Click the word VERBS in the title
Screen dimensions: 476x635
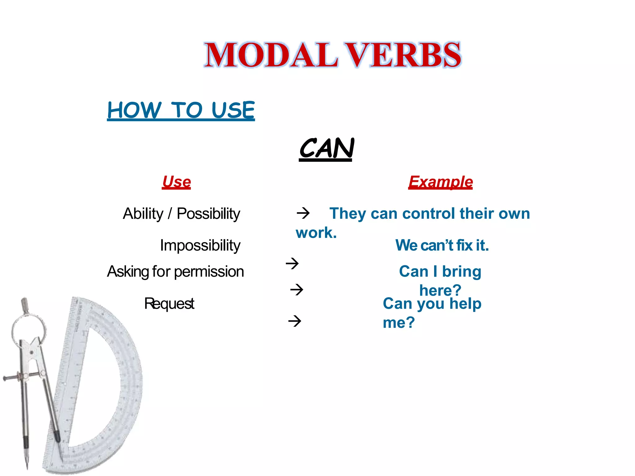click(403, 55)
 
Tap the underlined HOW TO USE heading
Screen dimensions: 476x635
click(181, 110)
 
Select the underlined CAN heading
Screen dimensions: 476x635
click(326, 148)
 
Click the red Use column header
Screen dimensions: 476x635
click(176, 182)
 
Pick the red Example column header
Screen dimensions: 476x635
click(440, 182)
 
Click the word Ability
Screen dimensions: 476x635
click(143, 214)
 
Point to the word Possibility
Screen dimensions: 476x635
click(208, 214)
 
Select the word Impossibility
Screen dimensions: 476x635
click(200, 245)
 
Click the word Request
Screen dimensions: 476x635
click(169, 303)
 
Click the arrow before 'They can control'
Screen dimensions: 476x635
click(303, 213)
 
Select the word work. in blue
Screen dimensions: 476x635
click(316, 233)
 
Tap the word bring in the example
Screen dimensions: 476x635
click(462, 271)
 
